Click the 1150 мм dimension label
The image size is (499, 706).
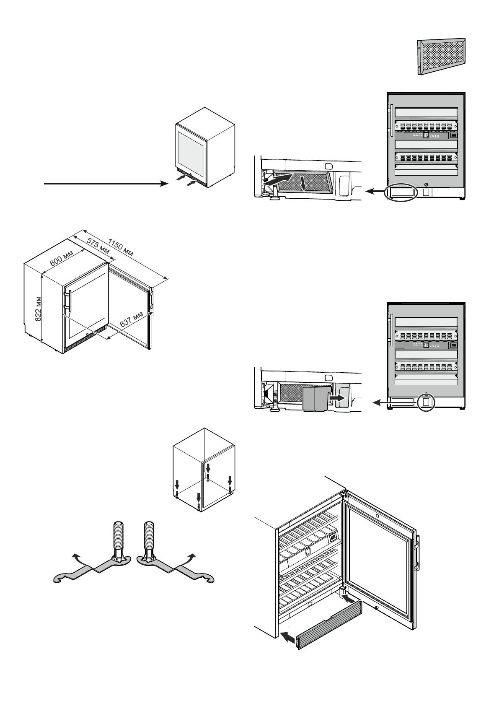pos(121,248)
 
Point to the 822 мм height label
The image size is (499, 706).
pos(38,309)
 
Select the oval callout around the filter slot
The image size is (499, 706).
pos(402,192)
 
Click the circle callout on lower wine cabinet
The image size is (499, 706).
pos(426,402)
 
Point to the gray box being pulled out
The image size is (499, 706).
pos(315,399)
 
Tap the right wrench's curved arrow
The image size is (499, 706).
pos(192,557)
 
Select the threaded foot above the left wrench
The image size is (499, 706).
pos(118,539)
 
